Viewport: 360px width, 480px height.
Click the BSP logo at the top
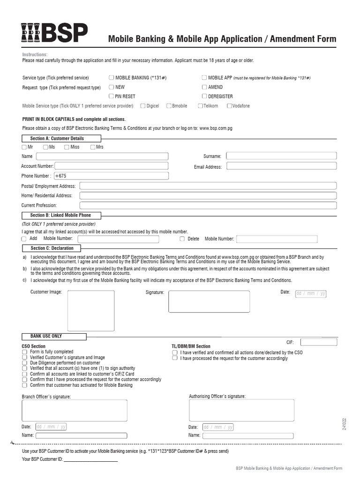pos(54,34)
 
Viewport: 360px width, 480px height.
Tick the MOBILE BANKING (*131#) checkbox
pos(111,78)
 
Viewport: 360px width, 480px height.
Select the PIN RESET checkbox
pos(111,97)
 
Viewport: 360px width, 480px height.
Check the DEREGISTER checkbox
pos(204,97)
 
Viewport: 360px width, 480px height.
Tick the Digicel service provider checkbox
pos(142,106)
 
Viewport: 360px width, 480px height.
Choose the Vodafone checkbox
pos(229,106)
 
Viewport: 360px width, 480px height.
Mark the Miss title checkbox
pos(66,147)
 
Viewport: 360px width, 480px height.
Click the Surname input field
pos(281,156)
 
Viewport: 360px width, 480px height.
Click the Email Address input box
pos(281,166)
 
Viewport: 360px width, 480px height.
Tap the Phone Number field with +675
pos(111,176)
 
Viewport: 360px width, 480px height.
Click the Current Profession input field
pos(208,205)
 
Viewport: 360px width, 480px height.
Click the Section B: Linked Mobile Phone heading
pos(60,215)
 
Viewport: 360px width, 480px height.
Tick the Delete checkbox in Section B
pos(182,239)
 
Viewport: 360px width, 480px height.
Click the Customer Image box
pos(91,310)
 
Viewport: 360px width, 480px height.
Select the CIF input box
pos(319,342)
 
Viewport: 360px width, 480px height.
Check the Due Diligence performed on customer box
pos(24,363)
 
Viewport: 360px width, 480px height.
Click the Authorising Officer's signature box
pos(241,410)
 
